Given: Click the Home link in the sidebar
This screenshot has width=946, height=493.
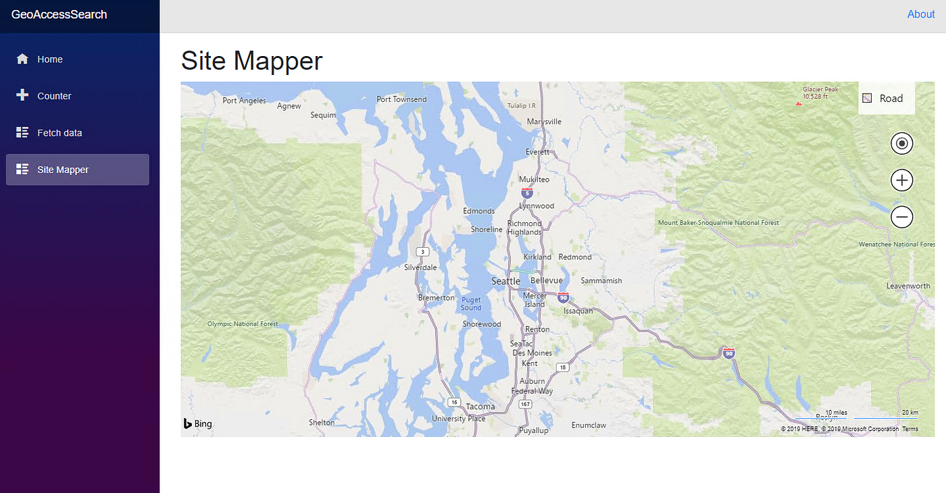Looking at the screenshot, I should [x=49, y=59].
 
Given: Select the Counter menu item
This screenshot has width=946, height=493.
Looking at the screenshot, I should [x=54, y=96].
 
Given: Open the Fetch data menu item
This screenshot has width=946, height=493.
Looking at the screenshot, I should [x=59, y=133].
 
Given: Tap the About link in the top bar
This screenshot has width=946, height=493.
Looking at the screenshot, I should [x=920, y=14].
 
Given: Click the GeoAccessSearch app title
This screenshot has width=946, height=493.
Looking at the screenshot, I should [x=59, y=14].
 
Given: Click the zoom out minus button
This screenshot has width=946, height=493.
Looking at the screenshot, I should [x=902, y=217].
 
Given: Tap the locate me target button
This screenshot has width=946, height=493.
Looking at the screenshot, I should [x=902, y=144].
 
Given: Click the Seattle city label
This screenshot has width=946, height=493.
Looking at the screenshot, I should [x=505, y=281].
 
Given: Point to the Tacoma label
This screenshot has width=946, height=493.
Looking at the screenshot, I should [x=480, y=407].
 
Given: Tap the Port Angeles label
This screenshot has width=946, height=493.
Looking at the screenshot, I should [x=244, y=101].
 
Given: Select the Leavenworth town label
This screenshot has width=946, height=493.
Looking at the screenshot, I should [x=908, y=286].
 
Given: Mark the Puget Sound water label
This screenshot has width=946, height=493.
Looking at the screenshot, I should [x=471, y=303].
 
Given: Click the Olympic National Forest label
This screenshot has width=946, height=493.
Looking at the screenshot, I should [x=243, y=324].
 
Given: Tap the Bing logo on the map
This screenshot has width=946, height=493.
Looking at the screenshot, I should [x=197, y=424].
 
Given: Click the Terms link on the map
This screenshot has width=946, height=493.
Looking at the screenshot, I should [x=910, y=430].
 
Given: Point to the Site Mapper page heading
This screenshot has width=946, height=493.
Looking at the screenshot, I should [x=252, y=61].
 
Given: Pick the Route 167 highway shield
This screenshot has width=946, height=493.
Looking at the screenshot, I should [x=526, y=404].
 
